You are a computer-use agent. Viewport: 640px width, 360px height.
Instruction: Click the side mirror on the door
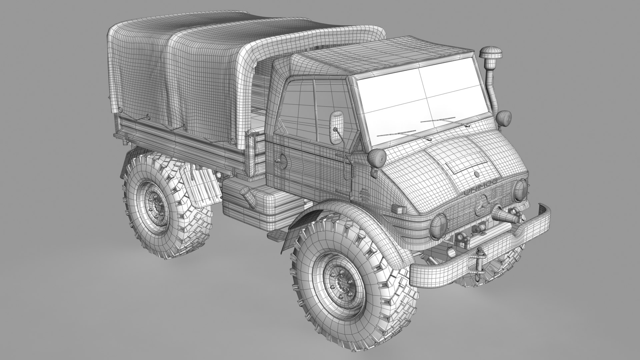pos(336,123)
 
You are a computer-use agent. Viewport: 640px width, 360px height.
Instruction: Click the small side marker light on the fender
pos(397,209)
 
